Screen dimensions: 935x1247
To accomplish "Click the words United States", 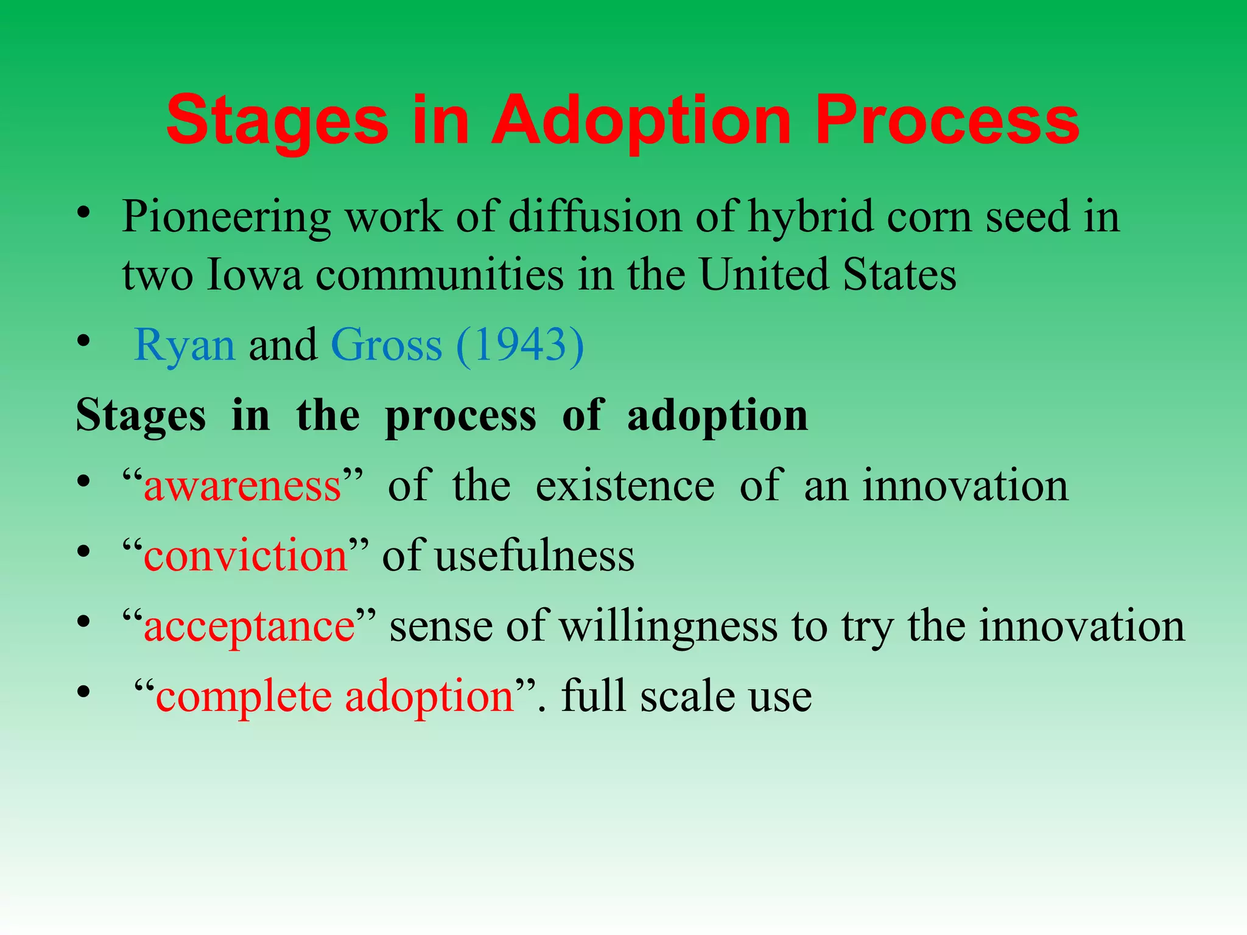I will coord(827,275).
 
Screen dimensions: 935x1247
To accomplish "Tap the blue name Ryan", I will coord(184,345).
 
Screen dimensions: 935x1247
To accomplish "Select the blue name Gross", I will coord(386,345).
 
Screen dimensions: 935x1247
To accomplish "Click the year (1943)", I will coord(519,345).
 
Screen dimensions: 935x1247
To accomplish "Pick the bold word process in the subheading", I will coord(461,416).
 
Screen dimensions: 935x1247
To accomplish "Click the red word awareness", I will coord(242,486).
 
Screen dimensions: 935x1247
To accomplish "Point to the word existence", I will coord(625,486).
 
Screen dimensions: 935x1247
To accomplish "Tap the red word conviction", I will coord(245,556).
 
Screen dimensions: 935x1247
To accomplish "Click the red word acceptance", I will coord(249,626).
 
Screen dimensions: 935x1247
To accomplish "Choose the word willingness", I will coord(668,626).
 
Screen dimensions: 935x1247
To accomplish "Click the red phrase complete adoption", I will coord(335,696).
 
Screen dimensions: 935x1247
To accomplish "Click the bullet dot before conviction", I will coord(83,553).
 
